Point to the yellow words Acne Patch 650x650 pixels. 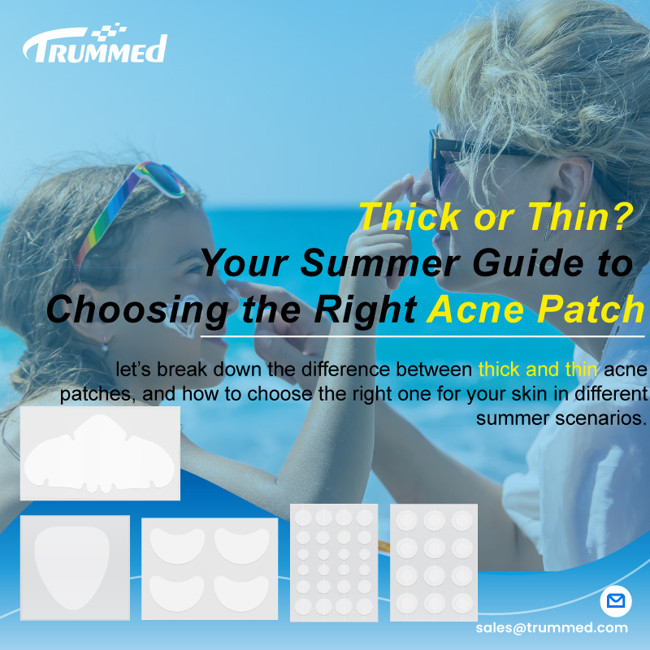535,310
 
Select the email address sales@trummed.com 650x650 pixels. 552,627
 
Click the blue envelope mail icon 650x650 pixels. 615,602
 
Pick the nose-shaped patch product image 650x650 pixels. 100,453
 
